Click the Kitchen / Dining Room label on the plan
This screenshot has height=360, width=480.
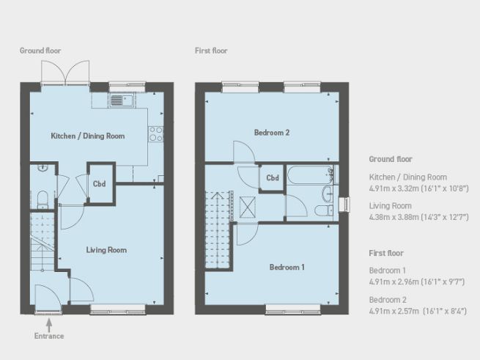coord(87,136)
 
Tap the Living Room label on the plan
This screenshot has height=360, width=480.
coord(106,250)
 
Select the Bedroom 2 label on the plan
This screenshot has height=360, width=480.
coord(272,133)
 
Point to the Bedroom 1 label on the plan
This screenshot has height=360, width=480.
coord(286,267)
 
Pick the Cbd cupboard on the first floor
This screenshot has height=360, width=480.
coord(273,178)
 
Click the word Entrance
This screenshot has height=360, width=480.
coord(49,336)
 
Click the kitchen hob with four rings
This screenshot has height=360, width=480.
coord(155,133)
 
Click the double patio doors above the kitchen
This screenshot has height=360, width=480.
coord(66,73)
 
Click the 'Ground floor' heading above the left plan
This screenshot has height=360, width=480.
coord(40,51)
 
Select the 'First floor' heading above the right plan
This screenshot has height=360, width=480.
coord(211,51)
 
